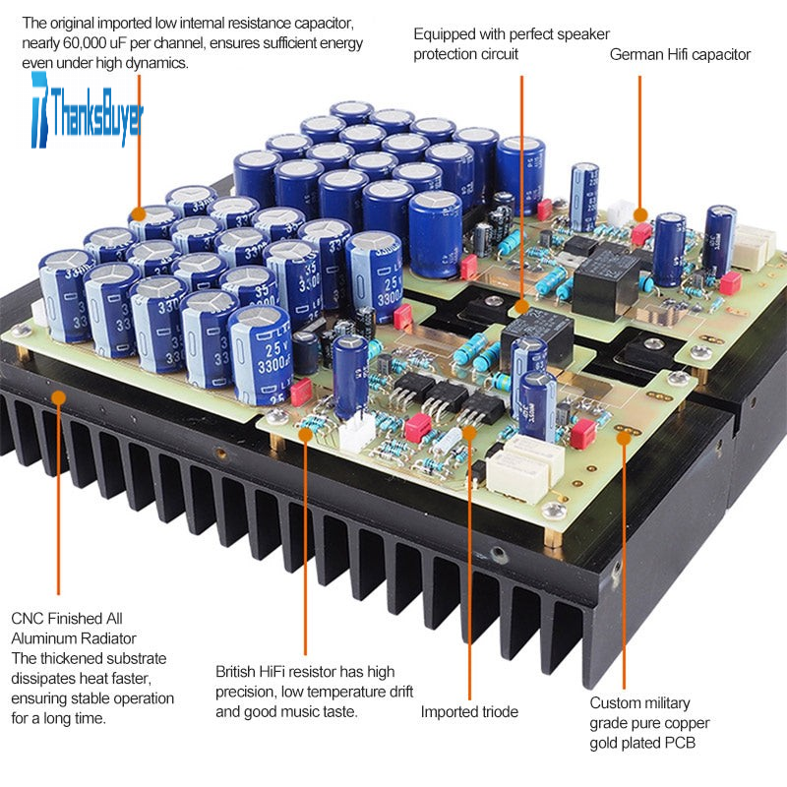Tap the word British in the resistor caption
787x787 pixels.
(238, 672)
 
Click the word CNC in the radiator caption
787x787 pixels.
(28, 619)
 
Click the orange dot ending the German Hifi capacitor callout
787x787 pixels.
(640, 214)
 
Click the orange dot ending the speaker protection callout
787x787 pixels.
(521, 307)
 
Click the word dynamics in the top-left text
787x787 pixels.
(158, 62)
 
